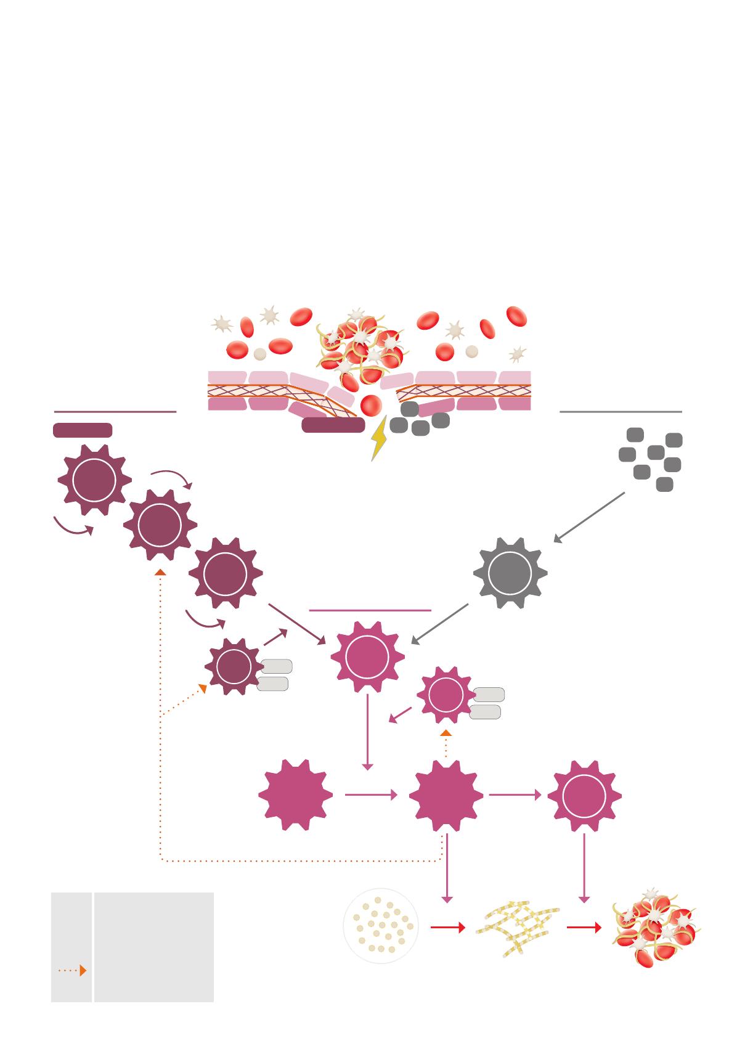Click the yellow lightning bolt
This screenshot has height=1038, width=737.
pos(378,438)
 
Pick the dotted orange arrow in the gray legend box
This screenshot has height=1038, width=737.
pos(72,970)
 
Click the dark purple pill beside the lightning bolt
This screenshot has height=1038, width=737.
pos(333,425)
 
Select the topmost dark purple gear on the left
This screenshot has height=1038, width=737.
pos(94,480)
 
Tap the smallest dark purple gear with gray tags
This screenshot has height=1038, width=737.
pos(234,666)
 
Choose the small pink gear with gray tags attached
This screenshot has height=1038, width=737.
pos(446,695)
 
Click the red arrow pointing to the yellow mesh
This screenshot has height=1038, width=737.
pos(447,927)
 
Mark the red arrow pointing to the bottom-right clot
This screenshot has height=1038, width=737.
pos(584,927)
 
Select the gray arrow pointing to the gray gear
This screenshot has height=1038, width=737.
pos(588,518)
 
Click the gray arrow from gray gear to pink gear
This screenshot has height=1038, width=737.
pos(439,624)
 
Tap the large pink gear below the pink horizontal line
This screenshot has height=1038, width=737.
pos(367,657)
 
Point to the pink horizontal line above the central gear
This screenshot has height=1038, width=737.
pos(370,610)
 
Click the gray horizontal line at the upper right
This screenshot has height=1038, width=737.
pos(620,411)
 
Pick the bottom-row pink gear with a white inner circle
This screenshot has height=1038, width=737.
pos(584,796)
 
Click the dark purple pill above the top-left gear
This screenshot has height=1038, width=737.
pos(83,430)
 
